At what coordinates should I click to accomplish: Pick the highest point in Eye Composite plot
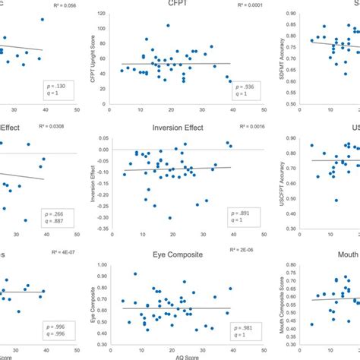134,274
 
